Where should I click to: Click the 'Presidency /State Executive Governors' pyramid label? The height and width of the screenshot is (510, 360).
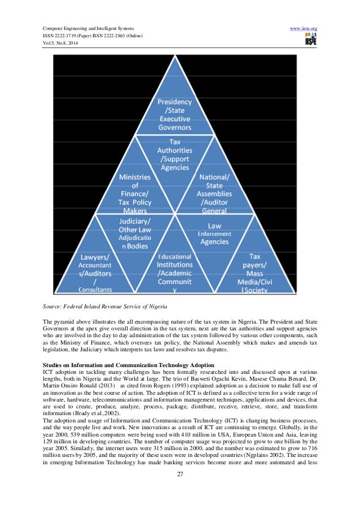click(174, 115)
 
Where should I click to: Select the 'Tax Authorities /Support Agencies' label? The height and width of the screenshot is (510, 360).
click(174, 155)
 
